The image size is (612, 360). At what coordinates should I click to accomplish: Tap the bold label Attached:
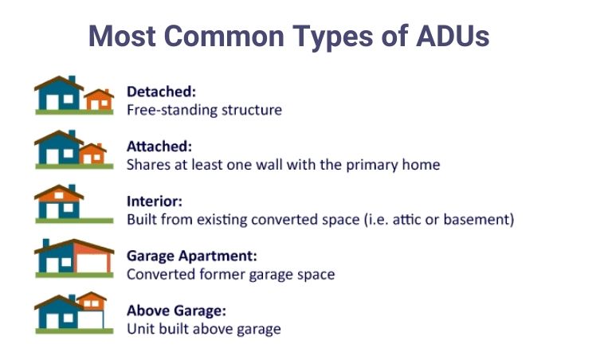[159, 147]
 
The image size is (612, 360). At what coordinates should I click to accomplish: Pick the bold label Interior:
[155, 202]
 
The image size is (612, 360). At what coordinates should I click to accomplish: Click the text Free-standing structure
[204, 110]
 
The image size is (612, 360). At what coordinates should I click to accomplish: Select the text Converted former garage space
[230, 274]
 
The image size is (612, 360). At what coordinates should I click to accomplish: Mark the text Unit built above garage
[203, 329]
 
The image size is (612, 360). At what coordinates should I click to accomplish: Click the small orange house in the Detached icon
[100, 100]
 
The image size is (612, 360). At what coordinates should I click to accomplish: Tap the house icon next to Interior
[59, 203]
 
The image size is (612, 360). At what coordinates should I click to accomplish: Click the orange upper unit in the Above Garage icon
[92, 301]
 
